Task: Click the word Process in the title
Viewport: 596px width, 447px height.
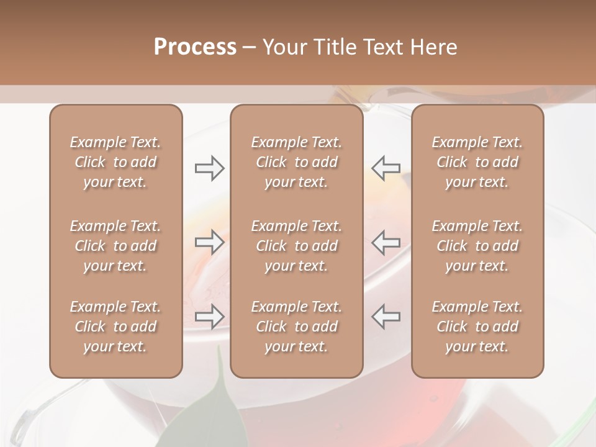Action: coord(195,47)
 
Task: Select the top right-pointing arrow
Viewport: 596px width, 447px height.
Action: coord(210,168)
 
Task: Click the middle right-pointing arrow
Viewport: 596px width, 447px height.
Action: coord(210,242)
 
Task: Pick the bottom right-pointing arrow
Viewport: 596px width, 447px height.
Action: coord(210,317)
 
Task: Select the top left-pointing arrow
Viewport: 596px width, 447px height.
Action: coord(386,168)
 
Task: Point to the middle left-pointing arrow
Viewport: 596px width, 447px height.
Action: coord(386,242)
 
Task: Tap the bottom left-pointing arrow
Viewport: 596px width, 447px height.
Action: coord(386,316)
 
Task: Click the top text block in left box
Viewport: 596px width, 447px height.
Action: coord(115,162)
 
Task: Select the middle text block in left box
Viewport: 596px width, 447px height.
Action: coord(115,246)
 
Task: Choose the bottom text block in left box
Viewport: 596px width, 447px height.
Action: coord(115,327)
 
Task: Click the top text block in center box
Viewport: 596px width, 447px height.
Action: coord(296,162)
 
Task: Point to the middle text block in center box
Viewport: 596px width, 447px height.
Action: coord(296,246)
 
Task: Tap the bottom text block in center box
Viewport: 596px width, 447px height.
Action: coord(296,327)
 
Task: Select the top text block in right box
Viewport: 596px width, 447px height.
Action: coord(477,162)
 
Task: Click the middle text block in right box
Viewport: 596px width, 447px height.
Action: coord(477,246)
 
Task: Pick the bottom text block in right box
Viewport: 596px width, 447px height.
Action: coord(477,327)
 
